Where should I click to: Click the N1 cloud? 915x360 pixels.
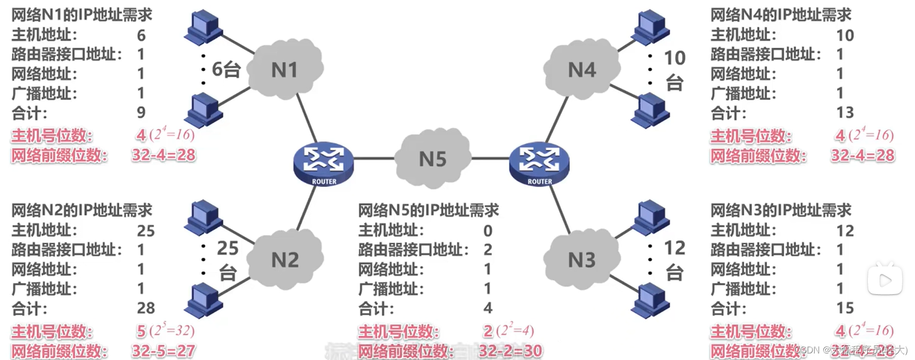pos(285,69)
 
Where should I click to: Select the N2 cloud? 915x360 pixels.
pos(285,259)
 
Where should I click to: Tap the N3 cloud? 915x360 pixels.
pos(581,259)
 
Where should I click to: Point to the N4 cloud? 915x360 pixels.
pos(581,69)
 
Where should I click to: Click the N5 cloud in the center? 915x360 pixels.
pos(432,159)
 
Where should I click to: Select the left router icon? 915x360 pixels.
pos(323,163)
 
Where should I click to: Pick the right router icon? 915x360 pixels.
pos(539,163)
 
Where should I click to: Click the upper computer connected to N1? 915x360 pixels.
pos(204,26)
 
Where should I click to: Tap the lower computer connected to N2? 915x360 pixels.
pos(204,301)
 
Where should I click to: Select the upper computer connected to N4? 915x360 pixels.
pos(650,26)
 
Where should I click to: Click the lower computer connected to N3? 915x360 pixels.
pos(650,301)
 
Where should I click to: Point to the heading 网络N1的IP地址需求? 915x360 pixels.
pos(82,15)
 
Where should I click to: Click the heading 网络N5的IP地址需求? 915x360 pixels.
pos(428,210)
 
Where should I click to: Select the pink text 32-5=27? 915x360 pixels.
pos(163,350)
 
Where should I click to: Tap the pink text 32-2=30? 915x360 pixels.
pos(510,350)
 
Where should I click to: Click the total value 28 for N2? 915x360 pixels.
pos(145,308)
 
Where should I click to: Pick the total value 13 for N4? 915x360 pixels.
pos(845,112)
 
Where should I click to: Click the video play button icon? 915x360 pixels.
pos(885,279)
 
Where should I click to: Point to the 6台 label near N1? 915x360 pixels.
pos(226,69)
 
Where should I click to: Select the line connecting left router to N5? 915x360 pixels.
pos(374,159)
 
